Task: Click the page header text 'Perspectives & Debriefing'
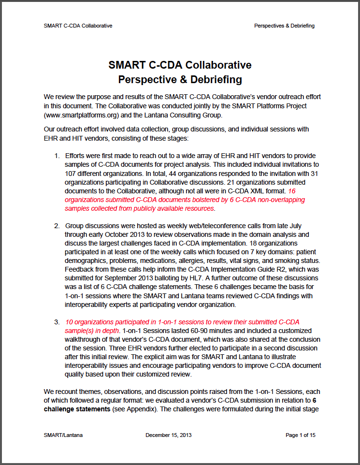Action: [x=284, y=26]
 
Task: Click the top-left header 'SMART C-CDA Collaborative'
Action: [x=78, y=26]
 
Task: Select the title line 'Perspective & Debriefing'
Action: [x=180, y=79]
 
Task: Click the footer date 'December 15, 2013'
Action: [x=168, y=435]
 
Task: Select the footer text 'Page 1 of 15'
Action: [x=300, y=435]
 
